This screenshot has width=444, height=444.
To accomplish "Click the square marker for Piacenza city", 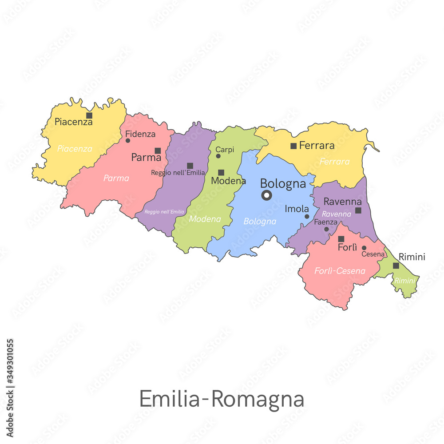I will (x=89, y=115).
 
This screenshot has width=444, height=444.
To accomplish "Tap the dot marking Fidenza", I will (x=128, y=141).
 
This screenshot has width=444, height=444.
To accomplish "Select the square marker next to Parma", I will (x=158, y=151).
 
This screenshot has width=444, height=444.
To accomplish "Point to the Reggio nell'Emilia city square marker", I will (x=190, y=166).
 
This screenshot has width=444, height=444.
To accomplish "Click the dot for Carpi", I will (x=218, y=156).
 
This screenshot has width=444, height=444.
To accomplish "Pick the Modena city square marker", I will (x=221, y=172).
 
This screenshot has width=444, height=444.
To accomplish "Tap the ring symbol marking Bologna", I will (x=266, y=195).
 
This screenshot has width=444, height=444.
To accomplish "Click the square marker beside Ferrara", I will (x=293, y=146).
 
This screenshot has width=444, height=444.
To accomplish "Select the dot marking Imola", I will (x=307, y=217).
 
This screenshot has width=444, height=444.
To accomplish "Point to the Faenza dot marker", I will (x=326, y=229).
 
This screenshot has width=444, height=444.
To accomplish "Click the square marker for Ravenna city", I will (x=358, y=210).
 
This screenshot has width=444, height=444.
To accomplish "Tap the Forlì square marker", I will (x=341, y=239).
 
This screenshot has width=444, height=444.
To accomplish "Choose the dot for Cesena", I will (x=364, y=248).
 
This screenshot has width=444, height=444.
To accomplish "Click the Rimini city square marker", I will (x=396, y=266).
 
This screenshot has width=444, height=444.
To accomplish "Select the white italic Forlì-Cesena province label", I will (x=340, y=271).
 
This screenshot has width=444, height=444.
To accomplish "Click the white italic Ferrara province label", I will (x=335, y=162).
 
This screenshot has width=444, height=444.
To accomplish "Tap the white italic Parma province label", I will (x=116, y=178).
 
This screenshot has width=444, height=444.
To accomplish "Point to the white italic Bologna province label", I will (x=260, y=221).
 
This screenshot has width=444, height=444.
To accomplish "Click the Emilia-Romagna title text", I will (x=222, y=398).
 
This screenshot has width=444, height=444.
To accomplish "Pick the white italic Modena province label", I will (x=205, y=219).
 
